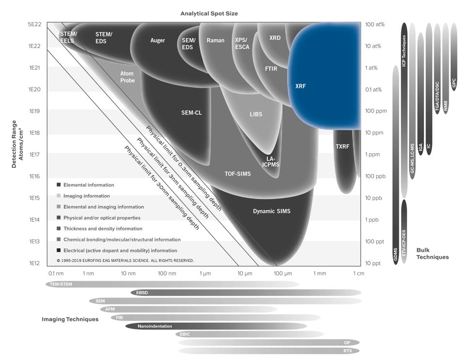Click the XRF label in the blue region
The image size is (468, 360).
[301, 86]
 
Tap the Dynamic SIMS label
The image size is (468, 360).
[272, 211]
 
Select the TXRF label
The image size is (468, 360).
[342, 146]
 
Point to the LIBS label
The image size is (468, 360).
[256, 114]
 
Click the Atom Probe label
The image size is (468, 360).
[128, 77]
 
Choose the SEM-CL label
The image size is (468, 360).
[191, 113]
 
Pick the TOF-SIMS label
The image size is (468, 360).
[237, 174]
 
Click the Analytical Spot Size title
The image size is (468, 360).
[209, 14]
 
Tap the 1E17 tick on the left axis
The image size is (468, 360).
[34, 155]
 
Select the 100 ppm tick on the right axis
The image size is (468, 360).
[376, 111]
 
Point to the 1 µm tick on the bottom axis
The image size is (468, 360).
[205, 274]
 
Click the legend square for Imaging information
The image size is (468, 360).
[59, 196]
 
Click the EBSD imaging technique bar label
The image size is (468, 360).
[142, 293]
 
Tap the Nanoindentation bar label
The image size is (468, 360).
[155, 326]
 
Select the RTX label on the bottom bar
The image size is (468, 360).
[348, 351]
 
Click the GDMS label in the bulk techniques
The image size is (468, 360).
[396, 254]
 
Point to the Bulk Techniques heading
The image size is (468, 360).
[433, 254]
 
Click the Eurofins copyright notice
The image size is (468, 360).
[125, 260]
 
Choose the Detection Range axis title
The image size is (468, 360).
[17, 144]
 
